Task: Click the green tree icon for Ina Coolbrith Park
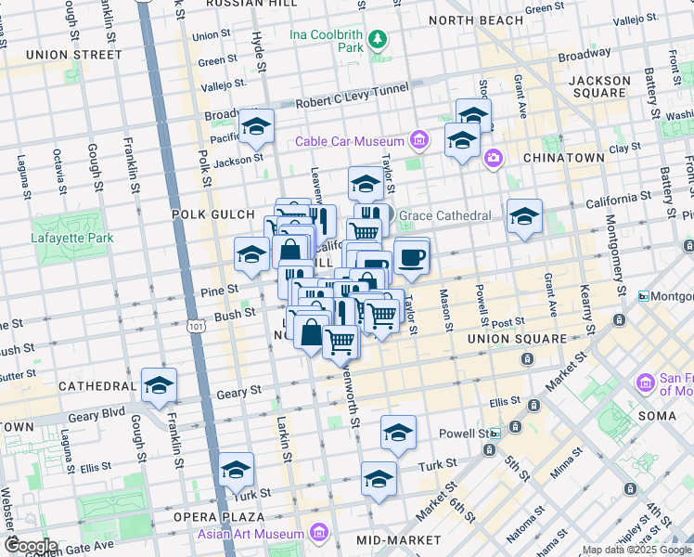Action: pos(378,39)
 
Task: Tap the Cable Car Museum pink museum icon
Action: pos(418,141)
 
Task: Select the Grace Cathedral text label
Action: pos(444,216)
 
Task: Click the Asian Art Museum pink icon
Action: pos(319,534)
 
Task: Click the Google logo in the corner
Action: pos(31,545)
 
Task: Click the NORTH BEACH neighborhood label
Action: pos(476,20)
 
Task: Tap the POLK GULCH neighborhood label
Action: pos(207,214)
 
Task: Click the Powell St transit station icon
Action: pos(495,434)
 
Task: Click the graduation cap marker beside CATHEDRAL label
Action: pos(159,383)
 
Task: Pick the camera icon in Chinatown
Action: pos(493,159)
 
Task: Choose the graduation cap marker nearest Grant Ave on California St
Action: pos(524,216)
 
